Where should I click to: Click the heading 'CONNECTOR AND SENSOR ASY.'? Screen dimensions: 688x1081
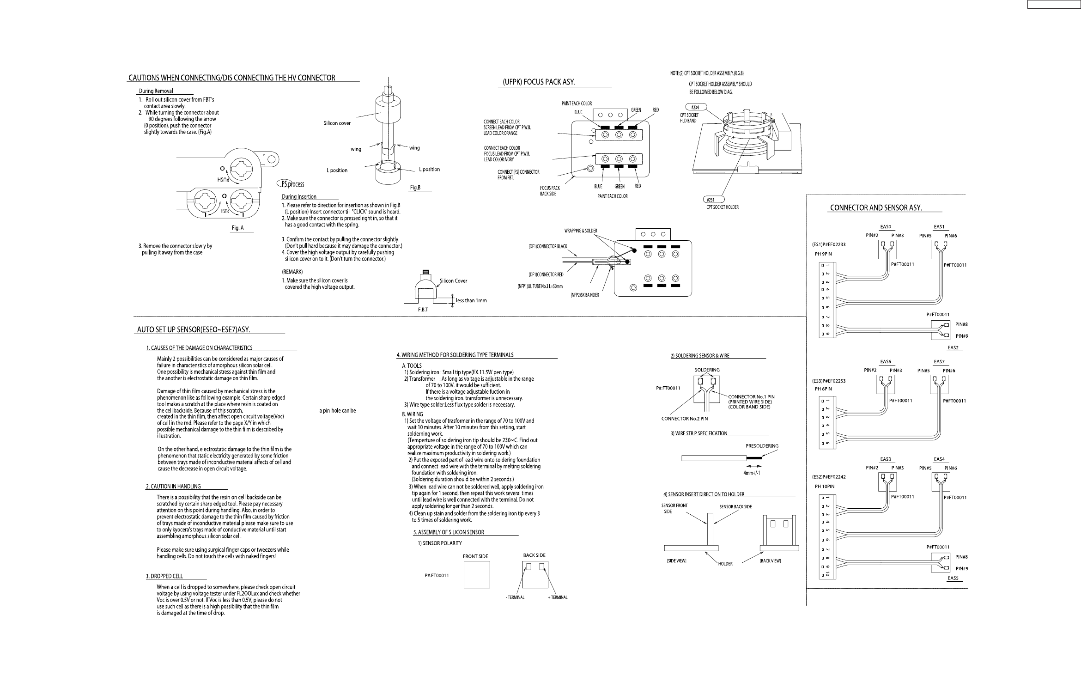(876, 208)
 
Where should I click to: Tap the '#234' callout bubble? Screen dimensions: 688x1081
(695, 107)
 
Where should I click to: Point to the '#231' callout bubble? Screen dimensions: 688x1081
(710, 200)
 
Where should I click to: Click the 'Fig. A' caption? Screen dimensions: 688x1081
(237, 228)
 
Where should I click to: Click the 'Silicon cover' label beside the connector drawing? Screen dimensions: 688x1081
(337, 123)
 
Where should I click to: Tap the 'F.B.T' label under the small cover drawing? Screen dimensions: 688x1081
(423, 310)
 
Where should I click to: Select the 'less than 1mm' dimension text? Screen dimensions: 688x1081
(471, 301)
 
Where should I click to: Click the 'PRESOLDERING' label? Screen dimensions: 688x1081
(762, 446)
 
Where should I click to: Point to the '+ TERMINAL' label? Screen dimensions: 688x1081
(558, 597)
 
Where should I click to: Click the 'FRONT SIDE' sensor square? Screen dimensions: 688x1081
(477, 574)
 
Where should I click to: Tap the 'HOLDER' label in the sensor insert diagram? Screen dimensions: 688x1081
(725, 564)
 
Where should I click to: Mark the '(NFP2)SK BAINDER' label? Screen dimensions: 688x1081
(584, 295)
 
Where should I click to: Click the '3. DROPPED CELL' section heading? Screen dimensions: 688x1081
(164, 576)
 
